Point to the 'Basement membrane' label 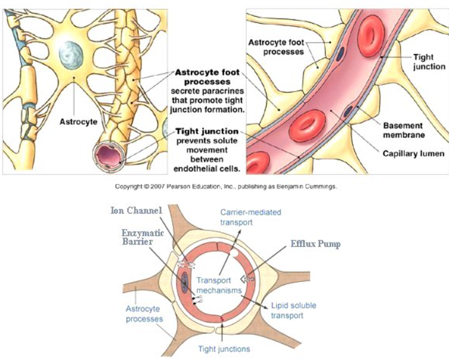point(404,130)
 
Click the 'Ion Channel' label point(136,210)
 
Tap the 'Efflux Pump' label point(316,244)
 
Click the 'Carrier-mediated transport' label point(251,217)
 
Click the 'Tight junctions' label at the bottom point(224,349)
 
